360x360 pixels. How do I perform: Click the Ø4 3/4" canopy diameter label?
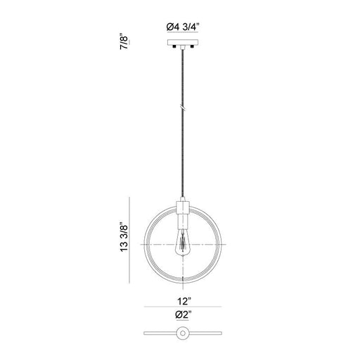183,27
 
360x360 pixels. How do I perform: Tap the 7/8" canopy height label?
124,43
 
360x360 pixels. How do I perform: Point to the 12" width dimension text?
184,301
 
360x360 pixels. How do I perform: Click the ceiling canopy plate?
183,42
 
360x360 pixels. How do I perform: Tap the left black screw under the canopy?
174,46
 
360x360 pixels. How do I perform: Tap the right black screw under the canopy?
192,46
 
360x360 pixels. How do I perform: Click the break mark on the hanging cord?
183,108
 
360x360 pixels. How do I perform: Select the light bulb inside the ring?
183,243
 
